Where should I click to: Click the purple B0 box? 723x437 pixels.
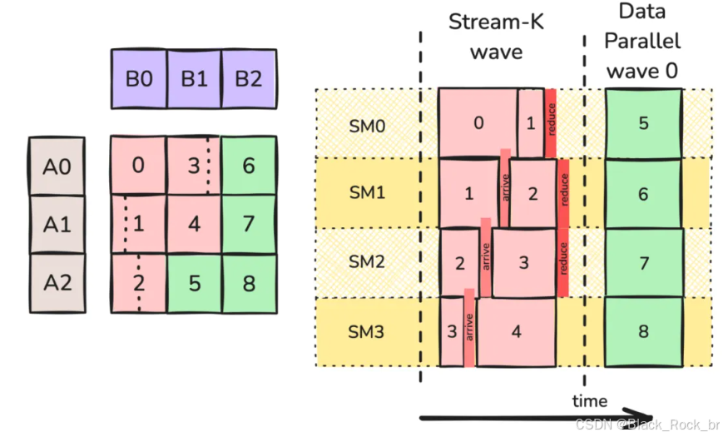coord(139,79)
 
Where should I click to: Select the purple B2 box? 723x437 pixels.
coord(248,79)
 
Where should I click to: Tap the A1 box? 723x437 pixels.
coord(57,224)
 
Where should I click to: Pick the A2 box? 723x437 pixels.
coord(57,282)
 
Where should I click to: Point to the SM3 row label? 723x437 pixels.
coord(367,331)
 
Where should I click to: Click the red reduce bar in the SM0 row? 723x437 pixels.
coord(551,122)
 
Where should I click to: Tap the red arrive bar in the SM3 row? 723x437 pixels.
coord(469,327)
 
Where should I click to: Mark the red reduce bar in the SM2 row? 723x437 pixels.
coord(563,261)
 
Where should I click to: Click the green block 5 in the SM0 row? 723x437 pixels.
coord(643,123)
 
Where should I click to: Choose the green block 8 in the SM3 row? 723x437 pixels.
coord(643,331)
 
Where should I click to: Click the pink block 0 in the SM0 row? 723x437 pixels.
coord(478,122)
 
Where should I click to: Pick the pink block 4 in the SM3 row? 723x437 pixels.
coord(516,331)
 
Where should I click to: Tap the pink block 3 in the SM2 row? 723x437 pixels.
coord(523,262)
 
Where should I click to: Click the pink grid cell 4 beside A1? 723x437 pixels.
coord(194,224)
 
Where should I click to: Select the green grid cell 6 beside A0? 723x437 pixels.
coord(248,166)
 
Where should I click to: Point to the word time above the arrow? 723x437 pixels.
coord(589,400)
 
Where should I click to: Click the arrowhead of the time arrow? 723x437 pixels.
coord(642,416)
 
